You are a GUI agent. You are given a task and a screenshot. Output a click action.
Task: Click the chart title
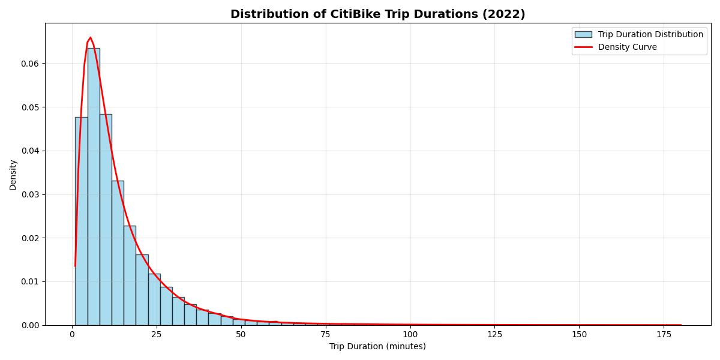(377, 14)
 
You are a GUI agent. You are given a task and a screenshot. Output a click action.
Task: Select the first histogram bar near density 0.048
(81, 222)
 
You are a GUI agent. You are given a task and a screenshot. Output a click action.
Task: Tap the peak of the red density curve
(90, 38)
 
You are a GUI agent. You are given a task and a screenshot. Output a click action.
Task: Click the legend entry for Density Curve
(627, 47)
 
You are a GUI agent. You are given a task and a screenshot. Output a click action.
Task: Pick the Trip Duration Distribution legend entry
(650, 35)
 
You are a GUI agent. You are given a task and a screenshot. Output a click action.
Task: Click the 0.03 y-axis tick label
(30, 194)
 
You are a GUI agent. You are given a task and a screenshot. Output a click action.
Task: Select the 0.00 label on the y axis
(30, 325)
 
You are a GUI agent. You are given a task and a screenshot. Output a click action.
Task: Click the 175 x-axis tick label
(664, 334)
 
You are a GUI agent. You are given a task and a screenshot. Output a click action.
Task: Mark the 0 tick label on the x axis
(72, 334)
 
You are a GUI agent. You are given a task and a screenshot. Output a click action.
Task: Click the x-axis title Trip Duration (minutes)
(377, 347)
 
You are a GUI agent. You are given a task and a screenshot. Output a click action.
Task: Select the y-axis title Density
(13, 175)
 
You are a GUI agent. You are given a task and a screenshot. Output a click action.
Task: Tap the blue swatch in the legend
(583, 35)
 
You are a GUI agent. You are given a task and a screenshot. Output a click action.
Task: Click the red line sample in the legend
(583, 47)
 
